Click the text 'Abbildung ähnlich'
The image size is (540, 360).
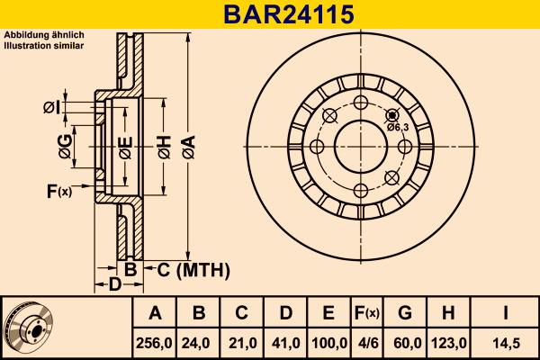tap(44, 35)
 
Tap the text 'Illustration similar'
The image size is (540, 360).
tap(44, 45)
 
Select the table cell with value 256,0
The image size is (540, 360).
tap(155, 343)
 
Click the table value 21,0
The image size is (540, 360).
tap(241, 343)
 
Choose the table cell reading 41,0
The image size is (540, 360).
tap(284, 343)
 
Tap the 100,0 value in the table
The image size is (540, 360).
tap(328, 343)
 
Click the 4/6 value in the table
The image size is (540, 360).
tap(366, 343)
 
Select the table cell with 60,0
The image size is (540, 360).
tap(404, 343)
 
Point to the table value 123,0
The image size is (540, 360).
tap(449, 343)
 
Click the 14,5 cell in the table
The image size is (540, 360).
tap(506, 343)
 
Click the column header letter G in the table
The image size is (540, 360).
tap(404, 313)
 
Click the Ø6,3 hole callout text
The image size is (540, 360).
tap(398, 128)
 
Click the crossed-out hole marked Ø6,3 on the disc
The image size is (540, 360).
tap(391, 115)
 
